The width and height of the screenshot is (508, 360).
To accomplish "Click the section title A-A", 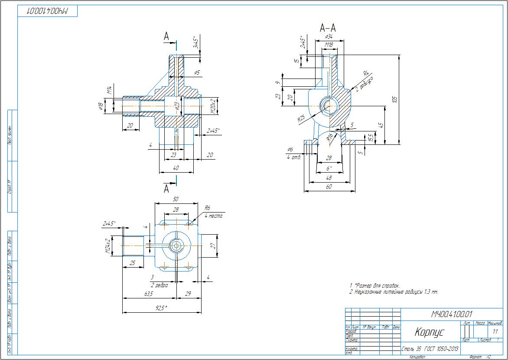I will [x=328, y=28].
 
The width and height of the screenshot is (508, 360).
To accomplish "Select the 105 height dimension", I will [x=394, y=99].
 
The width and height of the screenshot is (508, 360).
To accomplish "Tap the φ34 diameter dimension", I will [x=329, y=37].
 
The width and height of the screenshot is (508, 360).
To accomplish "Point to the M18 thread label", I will [x=329, y=45].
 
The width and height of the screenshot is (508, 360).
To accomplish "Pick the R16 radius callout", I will [x=330, y=138].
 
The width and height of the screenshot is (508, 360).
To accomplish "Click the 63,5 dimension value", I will [x=148, y=294].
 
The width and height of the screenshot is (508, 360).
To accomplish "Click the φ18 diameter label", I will [x=101, y=106].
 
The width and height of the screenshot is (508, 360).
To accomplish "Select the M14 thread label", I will [x=110, y=90].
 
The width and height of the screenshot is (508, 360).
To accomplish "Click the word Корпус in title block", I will [x=429, y=332].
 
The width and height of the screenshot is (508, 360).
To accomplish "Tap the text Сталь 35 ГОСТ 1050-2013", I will [x=430, y=349].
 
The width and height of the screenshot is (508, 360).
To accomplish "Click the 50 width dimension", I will [x=176, y=199].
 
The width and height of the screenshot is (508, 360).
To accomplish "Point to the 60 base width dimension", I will [x=329, y=187].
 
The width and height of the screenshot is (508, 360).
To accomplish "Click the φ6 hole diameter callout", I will [x=290, y=150].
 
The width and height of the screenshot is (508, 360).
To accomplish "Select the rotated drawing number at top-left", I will [x=48, y=12].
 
